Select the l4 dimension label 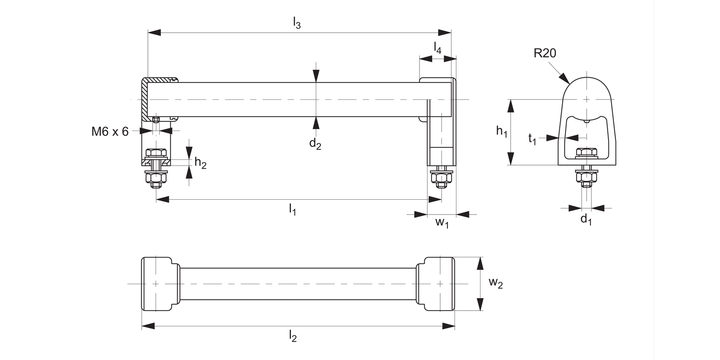437,48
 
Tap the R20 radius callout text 545,53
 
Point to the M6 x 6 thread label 110,132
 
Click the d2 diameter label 315,144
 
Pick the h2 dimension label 201,163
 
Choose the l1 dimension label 292,209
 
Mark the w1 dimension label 442,223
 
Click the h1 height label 502,131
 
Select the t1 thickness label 532,139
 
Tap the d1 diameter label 586,220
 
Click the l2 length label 293,337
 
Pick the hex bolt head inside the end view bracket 586,153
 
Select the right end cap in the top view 438,284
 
